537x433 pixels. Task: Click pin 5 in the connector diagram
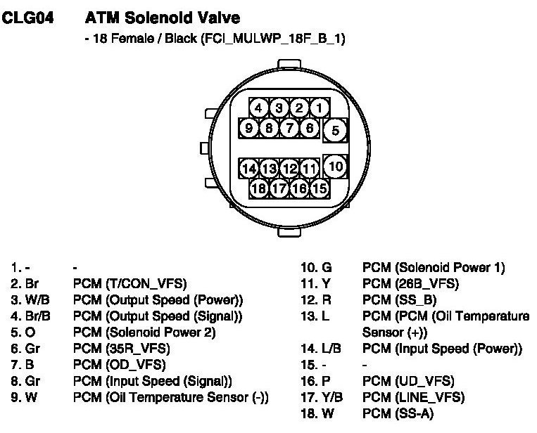(x=336, y=130)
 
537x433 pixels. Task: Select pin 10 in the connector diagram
(x=336, y=167)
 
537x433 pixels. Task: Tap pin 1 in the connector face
(x=319, y=108)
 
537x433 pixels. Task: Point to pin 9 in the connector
(x=248, y=128)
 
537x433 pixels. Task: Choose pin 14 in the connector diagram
(x=249, y=169)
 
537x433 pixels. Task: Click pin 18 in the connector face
(x=260, y=188)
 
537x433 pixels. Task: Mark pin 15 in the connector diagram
(x=320, y=188)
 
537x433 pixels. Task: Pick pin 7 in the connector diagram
(x=289, y=128)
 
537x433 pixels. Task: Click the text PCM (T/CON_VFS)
(x=129, y=284)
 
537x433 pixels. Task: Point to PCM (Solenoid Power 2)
(x=144, y=332)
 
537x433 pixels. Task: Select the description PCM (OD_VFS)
(x=119, y=364)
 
